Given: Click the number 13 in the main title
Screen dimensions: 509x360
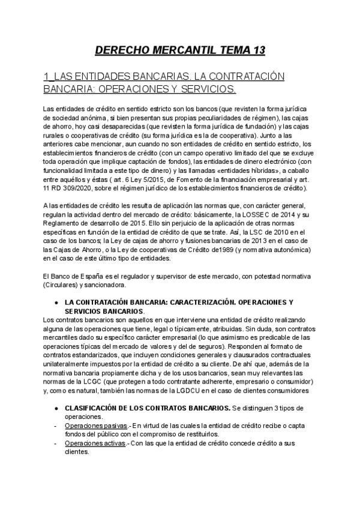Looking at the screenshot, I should click(x=256, y=50).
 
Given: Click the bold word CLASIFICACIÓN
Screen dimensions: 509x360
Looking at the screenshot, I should click(x=94, y=408).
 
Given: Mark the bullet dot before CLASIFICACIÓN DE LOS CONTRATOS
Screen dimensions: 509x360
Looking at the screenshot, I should click(x=56, y=408).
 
